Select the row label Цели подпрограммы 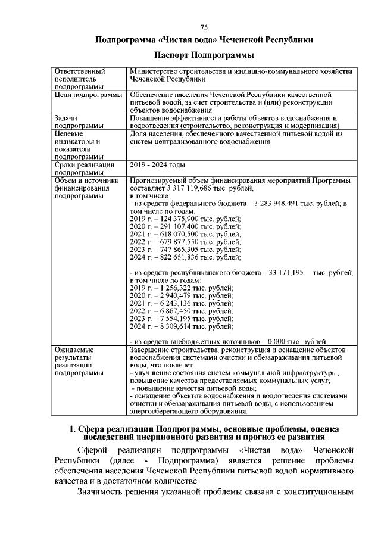click(x=88, y=95)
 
